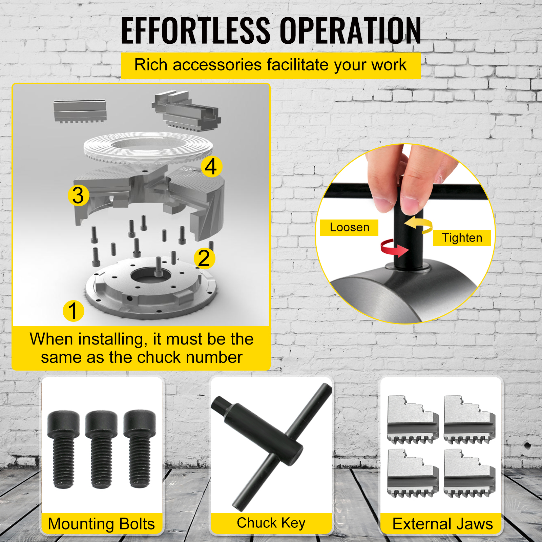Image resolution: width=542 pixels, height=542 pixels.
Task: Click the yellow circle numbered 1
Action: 73,311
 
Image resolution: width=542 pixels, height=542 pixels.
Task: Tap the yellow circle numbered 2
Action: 204,258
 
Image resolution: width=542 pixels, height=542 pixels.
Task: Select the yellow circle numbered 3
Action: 78,195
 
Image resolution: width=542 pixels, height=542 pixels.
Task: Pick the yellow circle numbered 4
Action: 211,166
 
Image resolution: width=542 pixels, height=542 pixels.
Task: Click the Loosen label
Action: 349,227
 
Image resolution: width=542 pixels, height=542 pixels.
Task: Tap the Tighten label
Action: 462,237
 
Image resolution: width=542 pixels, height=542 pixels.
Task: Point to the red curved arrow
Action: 394,248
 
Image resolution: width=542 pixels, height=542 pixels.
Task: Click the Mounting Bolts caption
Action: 101,524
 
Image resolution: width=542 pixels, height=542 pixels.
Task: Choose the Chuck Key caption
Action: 271,523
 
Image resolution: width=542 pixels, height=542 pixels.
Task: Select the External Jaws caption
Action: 442,524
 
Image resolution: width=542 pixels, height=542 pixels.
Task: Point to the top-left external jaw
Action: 413,419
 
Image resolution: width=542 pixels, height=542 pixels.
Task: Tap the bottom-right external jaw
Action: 470,474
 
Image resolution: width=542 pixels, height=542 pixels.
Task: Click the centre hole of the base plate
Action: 151,275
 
